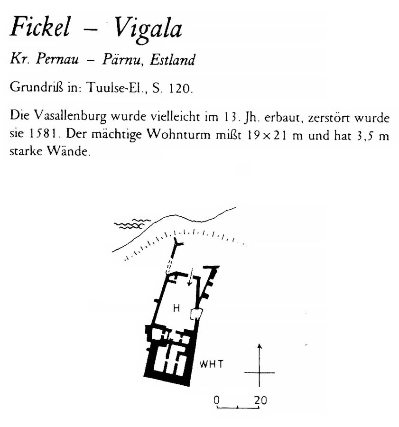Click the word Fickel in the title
40,27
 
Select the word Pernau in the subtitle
57,58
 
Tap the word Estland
172,59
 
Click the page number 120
179,88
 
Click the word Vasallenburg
70,116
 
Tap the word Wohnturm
178,134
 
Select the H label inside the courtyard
176,308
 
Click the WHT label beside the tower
211,364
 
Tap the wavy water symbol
132,223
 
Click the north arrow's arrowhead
260,346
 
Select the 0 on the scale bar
216,400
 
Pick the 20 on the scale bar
260,400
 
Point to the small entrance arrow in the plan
190,277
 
